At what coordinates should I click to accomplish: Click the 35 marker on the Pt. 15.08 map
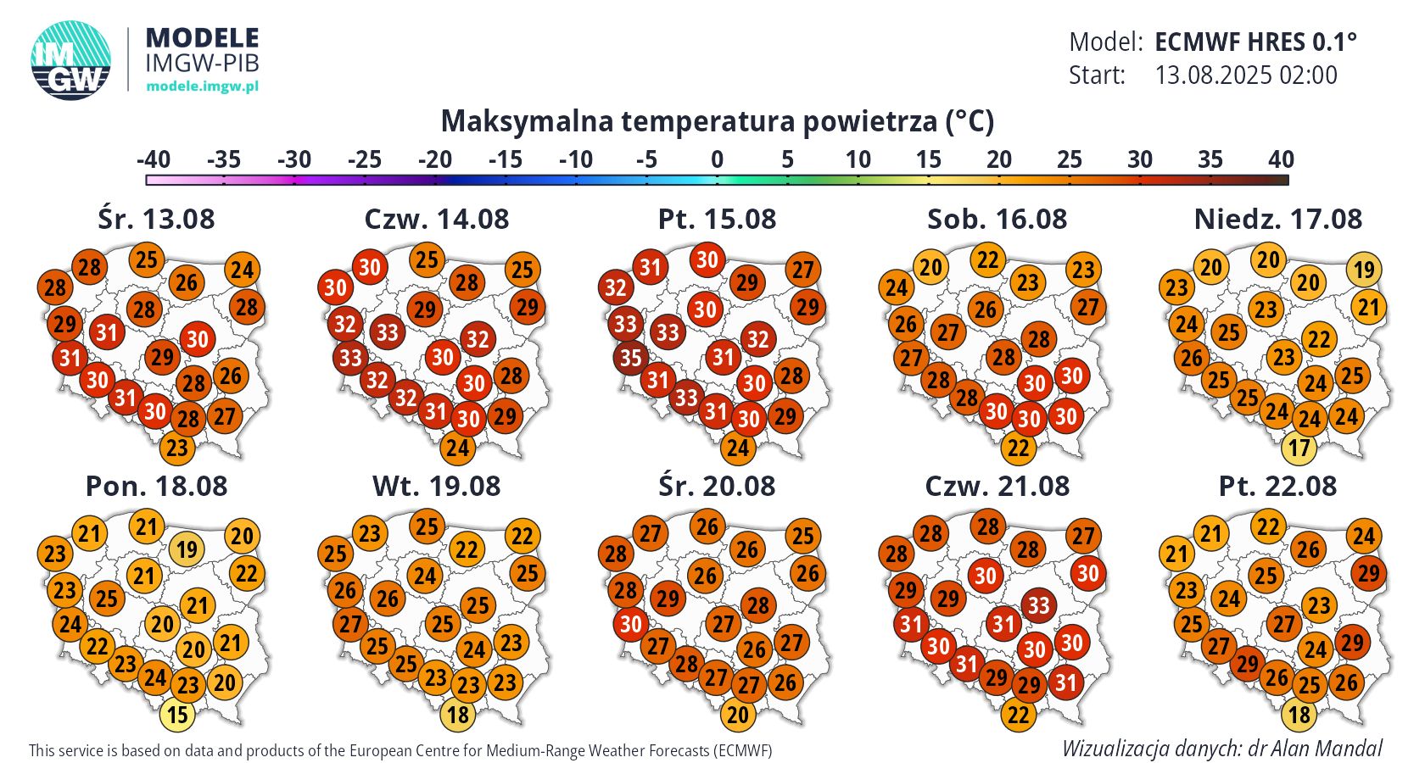tap(630, 358)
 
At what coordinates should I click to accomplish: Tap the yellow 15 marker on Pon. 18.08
tap(177, 715)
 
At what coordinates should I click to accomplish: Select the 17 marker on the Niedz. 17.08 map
tap(1299, 447)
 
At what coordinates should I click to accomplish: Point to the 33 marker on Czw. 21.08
tap(1038, 605)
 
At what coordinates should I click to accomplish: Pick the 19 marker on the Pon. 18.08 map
tap(187, 549)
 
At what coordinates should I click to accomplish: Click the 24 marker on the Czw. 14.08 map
tap(457, 448)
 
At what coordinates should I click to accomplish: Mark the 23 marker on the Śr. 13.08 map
tap(177, 448)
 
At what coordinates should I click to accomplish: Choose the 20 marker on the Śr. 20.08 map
tap(738, 715)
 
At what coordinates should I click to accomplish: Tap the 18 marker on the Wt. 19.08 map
tap(458, 715)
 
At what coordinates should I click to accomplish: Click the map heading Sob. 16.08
tap(997, 220)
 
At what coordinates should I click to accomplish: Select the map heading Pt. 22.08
tap(1277, 487)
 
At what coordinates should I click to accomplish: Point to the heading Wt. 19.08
tap(436, 487)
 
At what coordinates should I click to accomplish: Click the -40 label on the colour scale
tap(154, 159)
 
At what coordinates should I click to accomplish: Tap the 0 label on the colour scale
tap(717, 159)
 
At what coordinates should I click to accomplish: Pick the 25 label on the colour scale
tap(1070, 159)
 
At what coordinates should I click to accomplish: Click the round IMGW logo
tap(71, 60)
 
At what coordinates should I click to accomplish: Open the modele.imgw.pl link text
tap(202, 86)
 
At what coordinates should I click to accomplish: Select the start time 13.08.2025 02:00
tap(1246, 75)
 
